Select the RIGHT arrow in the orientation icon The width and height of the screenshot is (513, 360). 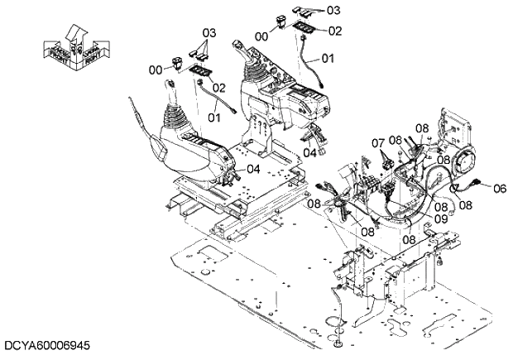pos(89,54)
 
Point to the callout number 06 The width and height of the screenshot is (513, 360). pos(499,189)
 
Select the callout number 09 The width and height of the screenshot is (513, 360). pos(440,218)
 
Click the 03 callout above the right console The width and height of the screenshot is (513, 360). pos(333,10)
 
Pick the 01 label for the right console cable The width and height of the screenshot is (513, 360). pos(328,59)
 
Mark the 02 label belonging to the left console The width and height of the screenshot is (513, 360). pos(218,87)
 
